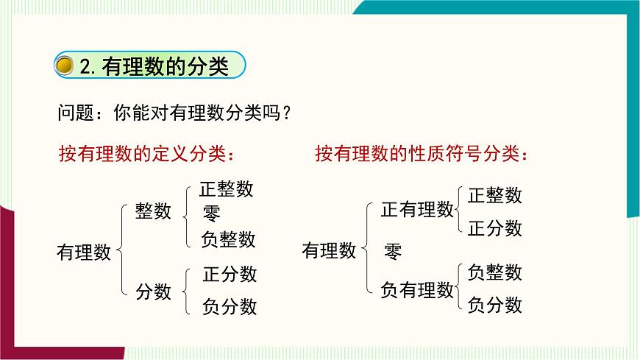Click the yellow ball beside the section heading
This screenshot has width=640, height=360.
click(65, 66)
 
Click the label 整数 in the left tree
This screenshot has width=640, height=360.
click(153, 212)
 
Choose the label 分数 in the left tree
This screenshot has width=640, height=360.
click(153, 292)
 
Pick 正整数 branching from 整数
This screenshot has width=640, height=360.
click(227, 189)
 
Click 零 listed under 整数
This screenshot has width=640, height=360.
click(212, 213)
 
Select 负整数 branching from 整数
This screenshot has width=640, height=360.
click(228, 239)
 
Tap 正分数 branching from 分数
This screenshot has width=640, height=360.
click(230, 275)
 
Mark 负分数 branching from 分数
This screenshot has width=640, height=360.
click(230, 306)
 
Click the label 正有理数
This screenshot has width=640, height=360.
click(417, 210)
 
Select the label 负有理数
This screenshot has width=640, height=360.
click(417, 290)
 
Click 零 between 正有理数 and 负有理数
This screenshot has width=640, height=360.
click(393, 251)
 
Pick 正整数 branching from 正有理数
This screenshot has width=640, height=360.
click(495, 195)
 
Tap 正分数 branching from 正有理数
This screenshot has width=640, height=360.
click(495, 227)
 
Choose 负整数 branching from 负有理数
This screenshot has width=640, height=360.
click(495, 272)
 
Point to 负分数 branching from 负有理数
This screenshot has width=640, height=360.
click(495, 304)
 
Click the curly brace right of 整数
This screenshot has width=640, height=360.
click(186, 213)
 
